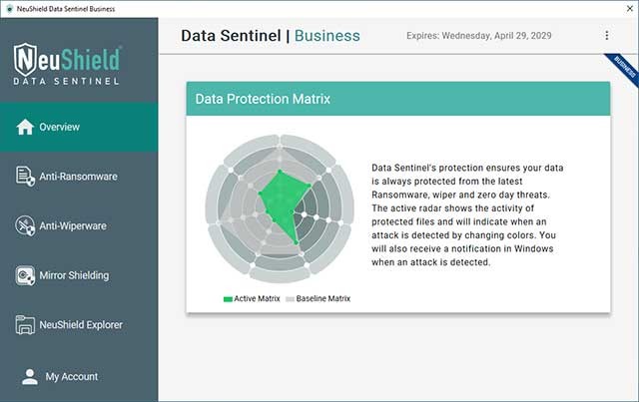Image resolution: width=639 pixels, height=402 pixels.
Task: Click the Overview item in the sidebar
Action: coord(60,128)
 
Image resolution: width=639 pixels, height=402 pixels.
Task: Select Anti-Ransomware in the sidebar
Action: coord(78,177)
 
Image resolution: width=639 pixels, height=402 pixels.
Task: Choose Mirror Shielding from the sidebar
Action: coord(75,275)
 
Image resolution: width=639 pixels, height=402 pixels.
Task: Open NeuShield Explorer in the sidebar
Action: coord(81,325)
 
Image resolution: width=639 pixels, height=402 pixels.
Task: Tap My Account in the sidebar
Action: coord(72,377)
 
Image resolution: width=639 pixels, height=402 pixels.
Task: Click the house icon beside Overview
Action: coord(25,127)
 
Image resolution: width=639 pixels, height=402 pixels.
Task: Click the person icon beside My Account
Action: coord(28,376)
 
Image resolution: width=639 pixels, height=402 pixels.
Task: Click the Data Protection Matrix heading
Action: coord(263,100)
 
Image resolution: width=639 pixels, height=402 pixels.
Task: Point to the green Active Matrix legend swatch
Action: coord(228,298)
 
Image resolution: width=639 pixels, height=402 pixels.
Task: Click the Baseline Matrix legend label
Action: coord(323,298)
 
